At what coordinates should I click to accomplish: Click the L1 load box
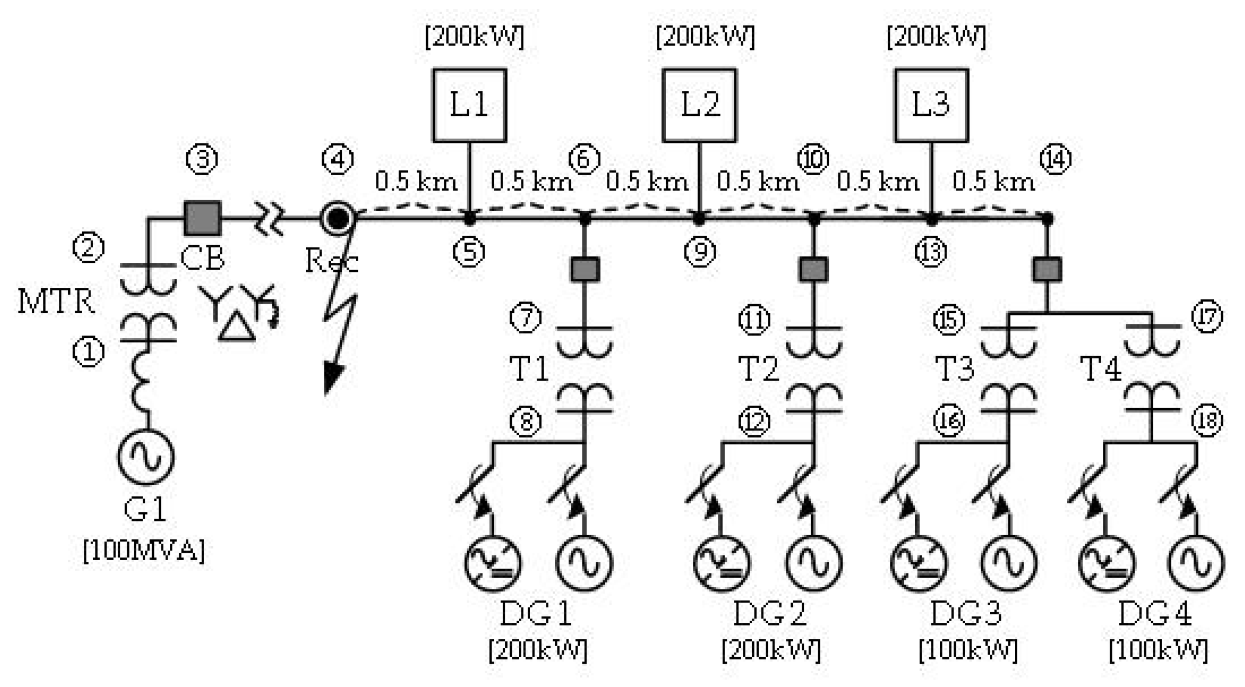click(x=469, y=105)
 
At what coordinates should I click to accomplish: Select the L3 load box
click(x=931, y=105)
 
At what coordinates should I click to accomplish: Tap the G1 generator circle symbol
click(x=146, y=456)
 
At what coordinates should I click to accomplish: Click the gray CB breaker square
click(x=203, y=218)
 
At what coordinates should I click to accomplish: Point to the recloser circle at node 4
click(x=337, y=218)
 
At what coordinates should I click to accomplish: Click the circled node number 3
click(x=202, y=159)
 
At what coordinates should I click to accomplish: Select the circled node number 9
click(x=700, y=252)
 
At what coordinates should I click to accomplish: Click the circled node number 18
click(x=1207, y=420)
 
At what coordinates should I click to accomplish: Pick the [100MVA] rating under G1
click(x=144, y=551)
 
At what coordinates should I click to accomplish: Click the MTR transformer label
click(x=56, y=301)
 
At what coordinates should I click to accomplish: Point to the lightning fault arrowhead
click(x=332, y=378)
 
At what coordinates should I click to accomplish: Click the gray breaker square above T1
click(x=585, y=269)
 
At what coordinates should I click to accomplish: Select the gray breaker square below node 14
click(x=1047, y=269)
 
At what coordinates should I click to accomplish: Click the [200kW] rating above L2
click(x=705, y=37)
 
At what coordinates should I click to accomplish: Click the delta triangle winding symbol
click(x=237, y=328)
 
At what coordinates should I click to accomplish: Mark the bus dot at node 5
click(x=470, y=219)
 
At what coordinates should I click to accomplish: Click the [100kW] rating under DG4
click(x=1158, y=650)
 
